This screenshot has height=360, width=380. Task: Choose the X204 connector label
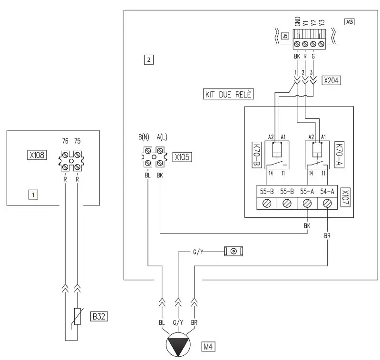pos(331,80)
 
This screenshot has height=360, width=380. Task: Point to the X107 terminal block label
pos(345,195)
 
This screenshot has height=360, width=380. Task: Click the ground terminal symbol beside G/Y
pos(234,251)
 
